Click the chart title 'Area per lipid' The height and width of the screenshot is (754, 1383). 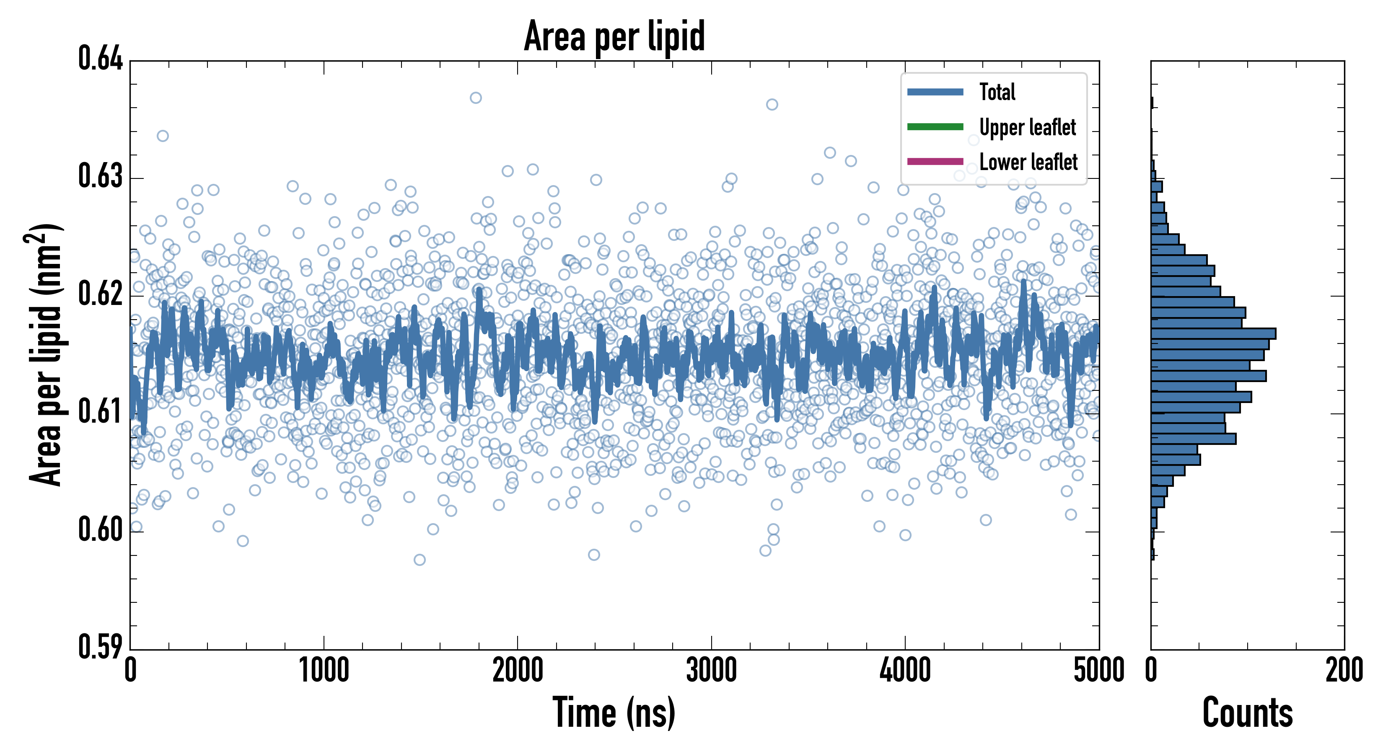[614, 36]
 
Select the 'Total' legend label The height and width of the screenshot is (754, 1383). [997, 92]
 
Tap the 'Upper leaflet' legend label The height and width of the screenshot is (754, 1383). [1027, 127]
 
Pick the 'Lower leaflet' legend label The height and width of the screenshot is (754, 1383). [1028, 162]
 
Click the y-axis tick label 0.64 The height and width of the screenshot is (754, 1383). [101, 59]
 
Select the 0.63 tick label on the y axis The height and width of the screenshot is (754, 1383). [101, 176]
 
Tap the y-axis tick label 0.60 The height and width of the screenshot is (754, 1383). [101, 529]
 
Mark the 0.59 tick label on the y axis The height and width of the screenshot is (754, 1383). [101, 647]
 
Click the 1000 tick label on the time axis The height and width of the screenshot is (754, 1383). [324, 671]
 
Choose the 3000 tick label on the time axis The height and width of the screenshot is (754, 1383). [711, 671]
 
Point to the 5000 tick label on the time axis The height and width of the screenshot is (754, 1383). [1098, 671]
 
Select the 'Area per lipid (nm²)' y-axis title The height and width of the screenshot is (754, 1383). [45, 354]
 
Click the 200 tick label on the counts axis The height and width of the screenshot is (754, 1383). [1344, 671]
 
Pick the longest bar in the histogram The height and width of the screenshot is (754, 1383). [1213, 334]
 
